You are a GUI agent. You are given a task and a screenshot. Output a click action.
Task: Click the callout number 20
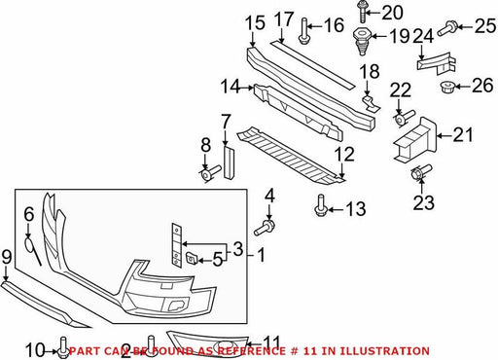[x=392, y=13]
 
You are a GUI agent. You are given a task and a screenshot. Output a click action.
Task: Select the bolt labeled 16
[x=304, y=31]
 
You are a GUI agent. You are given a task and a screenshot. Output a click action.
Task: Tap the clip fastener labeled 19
[x=362, y=41]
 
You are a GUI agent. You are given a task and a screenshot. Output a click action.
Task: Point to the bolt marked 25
[x=447, y=28]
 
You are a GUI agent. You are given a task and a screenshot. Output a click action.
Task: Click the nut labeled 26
[x=447, y=87]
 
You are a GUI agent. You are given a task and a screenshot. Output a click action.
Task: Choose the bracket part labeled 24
[x=436, y=63]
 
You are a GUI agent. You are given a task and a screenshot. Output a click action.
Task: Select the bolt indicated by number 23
[x=421, y=172]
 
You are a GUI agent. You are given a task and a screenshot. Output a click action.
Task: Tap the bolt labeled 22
[x=405, y=118]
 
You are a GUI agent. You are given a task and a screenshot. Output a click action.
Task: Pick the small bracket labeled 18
[x=371, y=102]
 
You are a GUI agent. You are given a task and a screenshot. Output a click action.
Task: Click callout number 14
[x=231, y=87]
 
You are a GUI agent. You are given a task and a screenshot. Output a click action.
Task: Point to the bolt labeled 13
[x=321, y=205]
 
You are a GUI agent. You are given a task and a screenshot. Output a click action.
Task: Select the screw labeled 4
[x=265, y=227]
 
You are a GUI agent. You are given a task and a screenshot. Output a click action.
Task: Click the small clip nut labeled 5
[x=191, y=259]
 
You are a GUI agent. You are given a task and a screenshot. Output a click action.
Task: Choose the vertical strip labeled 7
[x=229, y=162]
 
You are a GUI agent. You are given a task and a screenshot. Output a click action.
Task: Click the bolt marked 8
[x=210, y=172]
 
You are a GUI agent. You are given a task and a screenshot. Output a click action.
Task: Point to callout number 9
[x=7, y=257]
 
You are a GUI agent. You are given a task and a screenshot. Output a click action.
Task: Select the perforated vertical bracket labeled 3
[x=177, y=245]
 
